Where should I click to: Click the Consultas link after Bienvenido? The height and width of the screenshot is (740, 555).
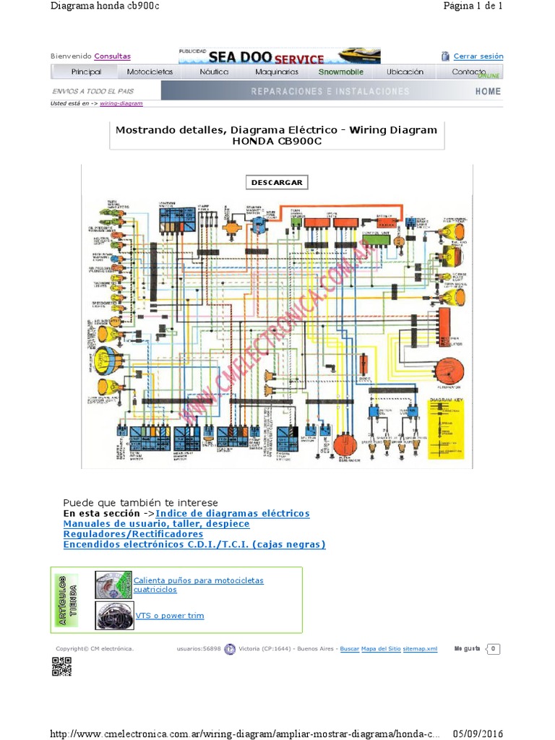[x=112, y=56]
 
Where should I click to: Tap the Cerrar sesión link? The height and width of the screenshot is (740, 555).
[x=478, y=56]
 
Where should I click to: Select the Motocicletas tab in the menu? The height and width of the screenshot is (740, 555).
[x=150, y=72]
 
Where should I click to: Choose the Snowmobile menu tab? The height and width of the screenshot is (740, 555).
[x=342, y=72]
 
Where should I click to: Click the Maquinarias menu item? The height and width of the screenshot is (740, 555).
[x=277, y=72]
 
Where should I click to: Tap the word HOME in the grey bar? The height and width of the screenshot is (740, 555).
[x=488, y=91]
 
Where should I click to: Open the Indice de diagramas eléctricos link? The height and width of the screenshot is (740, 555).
[x=233, y=513]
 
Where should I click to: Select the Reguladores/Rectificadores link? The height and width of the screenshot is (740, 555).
[x=133, y=534]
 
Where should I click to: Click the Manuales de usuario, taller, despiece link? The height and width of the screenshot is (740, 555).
[x=156, y=523]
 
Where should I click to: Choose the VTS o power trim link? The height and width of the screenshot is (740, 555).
[x=170, y=616]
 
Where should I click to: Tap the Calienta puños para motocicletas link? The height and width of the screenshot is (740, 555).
[x=199, y=580]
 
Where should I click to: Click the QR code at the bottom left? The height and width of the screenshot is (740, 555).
[x=61, y=666]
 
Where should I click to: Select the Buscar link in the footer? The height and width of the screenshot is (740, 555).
[x=349, y=649]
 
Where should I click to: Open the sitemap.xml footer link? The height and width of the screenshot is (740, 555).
[x=421, y=649]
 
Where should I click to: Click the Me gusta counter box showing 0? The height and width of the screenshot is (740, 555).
[x=493, y=649]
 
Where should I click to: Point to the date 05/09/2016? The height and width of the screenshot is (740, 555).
[x=478, y=733]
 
